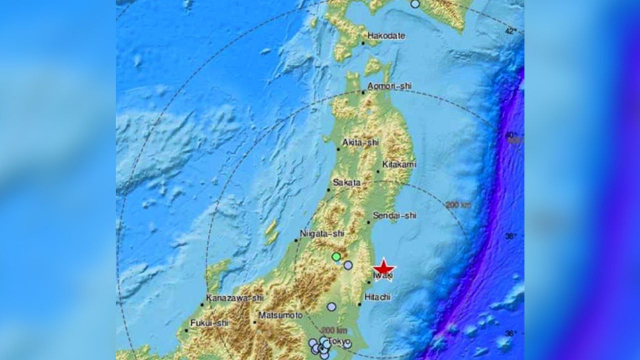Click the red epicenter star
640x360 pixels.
coord(384,267)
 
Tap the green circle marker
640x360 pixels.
coord(336,257)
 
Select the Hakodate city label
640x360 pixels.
coord(386,36)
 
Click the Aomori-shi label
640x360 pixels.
coord(389,86)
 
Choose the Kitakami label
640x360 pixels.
coord(399,164)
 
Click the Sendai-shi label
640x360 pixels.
coord(395,215)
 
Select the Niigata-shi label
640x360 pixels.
coord(322,233)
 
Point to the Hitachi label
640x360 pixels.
coord(378,297)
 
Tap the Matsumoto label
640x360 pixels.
coord(280,315)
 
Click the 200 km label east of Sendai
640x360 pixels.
coord(457,204)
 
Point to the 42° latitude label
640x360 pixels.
coord(510,31)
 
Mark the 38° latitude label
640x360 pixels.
coord(510,236)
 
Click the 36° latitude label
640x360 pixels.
coord(510,333)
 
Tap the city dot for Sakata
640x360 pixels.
coord(329,189)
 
